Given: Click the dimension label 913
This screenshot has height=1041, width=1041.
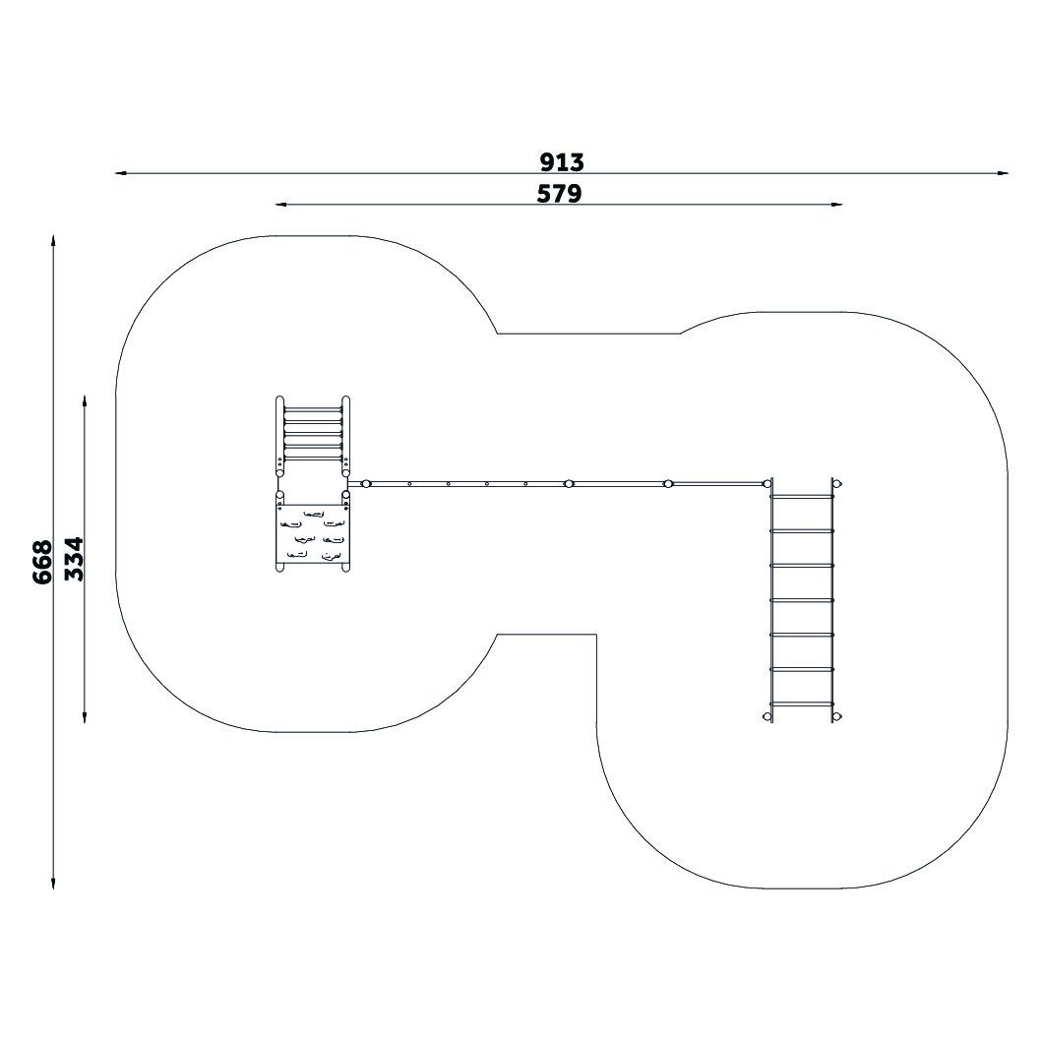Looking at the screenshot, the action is point(562,161).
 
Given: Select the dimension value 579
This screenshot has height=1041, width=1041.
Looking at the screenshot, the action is point(559,193).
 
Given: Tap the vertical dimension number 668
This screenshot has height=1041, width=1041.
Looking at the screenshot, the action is point(42,562).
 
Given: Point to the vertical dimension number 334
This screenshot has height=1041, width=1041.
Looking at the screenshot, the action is point(74,559).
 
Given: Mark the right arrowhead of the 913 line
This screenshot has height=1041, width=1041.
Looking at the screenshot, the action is point(1004,174).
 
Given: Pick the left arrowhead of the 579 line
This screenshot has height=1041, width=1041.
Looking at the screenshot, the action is point(281,205).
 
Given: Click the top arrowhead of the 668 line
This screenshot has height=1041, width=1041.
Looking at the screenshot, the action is point(53,240).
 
